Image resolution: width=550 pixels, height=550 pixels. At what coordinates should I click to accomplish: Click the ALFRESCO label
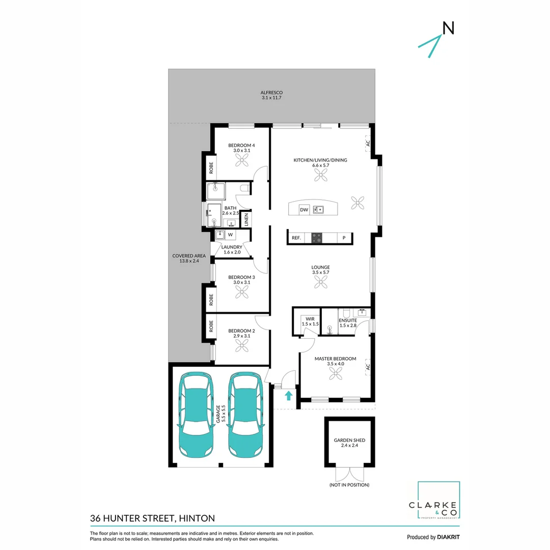point(271,92)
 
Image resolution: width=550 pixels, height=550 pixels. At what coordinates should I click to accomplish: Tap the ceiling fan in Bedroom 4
point(240,160)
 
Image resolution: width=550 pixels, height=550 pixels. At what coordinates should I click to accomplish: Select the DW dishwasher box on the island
point(304,209)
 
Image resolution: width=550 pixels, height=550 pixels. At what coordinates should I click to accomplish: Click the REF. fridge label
point(295,238)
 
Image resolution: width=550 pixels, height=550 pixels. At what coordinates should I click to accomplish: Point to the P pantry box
point(344,238)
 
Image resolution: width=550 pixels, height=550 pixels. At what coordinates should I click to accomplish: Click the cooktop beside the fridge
point(317,238)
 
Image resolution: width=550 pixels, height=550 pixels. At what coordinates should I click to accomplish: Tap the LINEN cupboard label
point(246,220)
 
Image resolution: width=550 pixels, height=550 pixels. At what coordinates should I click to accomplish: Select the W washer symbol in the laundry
point(230,235)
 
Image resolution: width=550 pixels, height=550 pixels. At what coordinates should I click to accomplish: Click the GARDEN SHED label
point(349,440)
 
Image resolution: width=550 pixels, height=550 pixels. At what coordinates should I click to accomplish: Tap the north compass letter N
point(448,29)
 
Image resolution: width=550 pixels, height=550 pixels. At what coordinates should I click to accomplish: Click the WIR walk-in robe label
point(307,319)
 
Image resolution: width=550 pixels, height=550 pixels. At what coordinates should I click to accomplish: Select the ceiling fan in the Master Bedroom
point(336,374)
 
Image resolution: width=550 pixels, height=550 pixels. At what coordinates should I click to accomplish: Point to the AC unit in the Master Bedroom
point(368,366)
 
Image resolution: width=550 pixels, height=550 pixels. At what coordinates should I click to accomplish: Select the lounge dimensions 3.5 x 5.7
point(321,273)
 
